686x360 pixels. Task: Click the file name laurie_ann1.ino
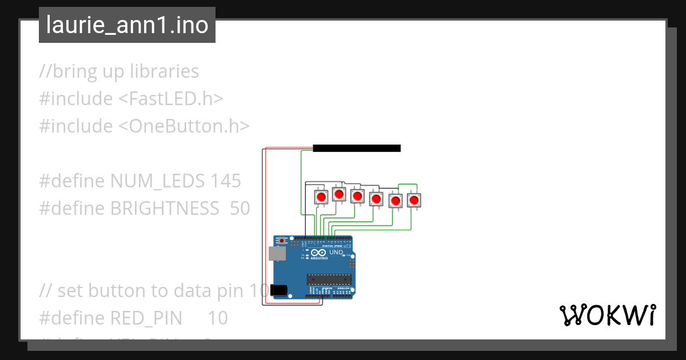127,26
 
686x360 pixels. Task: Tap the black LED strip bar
357,149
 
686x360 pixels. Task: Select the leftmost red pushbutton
321,198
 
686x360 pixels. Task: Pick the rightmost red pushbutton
413,200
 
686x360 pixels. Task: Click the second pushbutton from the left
339,195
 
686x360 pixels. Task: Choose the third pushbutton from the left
357,197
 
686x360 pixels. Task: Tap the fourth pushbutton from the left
376,199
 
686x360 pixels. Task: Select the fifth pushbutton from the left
395,201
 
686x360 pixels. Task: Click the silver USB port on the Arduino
277,253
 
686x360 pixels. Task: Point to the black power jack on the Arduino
278,290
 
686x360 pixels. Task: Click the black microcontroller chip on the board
328,279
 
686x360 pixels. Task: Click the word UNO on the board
336,252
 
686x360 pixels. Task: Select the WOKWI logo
607,315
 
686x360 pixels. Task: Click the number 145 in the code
225,181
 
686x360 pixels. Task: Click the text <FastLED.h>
170,99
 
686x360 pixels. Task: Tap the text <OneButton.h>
184,126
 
